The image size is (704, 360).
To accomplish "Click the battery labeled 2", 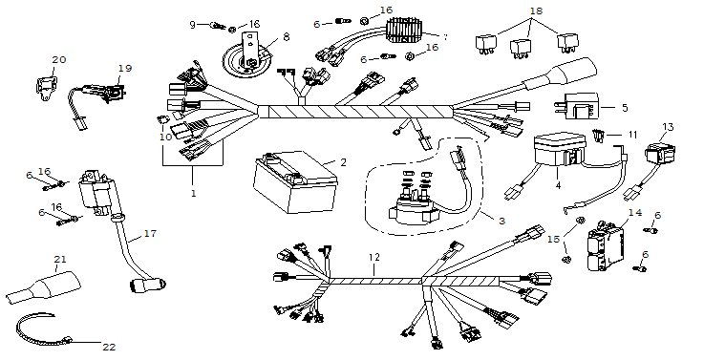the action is (x=295, y=182).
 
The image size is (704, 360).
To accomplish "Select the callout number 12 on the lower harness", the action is (x=374, y=257).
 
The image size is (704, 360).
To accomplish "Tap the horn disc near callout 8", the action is (x=247, y=62).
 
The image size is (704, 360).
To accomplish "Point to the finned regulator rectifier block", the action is (x=405, y=31).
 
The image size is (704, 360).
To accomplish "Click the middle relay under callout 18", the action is (x=521, y=49).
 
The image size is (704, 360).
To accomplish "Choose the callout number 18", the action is (x=536, y=11).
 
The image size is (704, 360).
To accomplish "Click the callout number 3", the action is (x=501, y=221).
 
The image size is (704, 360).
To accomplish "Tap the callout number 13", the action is (x=668, y=127).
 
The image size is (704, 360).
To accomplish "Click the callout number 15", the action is (x=554, y=240).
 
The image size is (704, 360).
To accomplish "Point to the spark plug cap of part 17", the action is (x=148, y=285).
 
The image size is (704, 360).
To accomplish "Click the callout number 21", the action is (x=60, y=260).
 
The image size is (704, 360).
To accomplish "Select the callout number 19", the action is (x=125, y=68).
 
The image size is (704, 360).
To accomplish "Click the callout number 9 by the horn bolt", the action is (x=192, y=25).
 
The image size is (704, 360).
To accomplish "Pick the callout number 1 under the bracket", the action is (x=194, y=194).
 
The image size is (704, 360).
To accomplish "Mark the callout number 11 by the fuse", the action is (x=632, y=135).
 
